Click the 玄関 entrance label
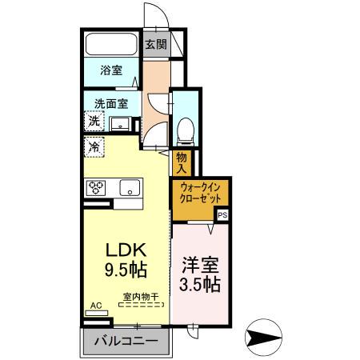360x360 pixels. [156, 45]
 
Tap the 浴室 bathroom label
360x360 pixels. [111, 71]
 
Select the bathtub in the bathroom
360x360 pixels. [111, 45]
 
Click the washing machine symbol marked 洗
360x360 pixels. [95, 122]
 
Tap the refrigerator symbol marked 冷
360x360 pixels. [94, 148]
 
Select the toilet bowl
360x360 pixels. [183, 129]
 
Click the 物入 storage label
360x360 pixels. [181, 163]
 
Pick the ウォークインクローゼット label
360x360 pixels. [200, 192]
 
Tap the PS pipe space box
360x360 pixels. [222, 214]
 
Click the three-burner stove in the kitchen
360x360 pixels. [98, 189]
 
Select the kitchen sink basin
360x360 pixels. [129, 189]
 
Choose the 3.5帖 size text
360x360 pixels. [201, 286]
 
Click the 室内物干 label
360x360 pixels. [141, 297]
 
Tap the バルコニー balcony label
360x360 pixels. [126, 341]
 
